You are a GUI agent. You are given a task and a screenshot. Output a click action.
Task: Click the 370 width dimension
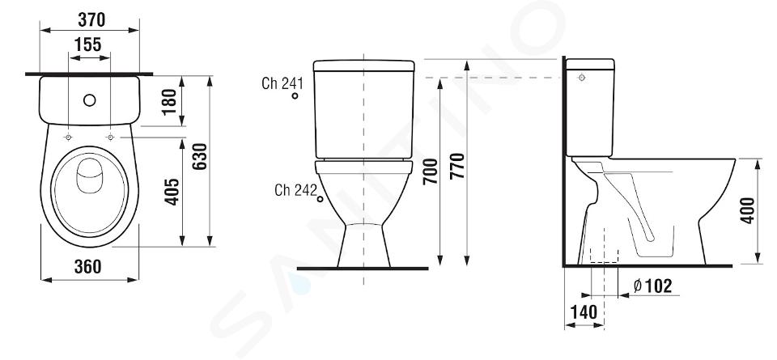tap(91, 19)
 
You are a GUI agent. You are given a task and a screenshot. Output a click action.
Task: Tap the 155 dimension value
tap(88, 44)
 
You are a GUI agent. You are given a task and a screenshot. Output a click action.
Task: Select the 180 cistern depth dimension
tap(169, 101)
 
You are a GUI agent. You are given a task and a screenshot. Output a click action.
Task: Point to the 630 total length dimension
tap(199, 156)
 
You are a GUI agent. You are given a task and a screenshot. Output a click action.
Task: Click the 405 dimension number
tap(172, 192)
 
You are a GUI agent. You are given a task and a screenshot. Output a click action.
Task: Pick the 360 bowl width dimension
tap(87, 266)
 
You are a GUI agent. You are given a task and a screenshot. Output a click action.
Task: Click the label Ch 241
tap(282, 83)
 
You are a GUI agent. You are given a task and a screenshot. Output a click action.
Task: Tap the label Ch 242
tap(295, 189)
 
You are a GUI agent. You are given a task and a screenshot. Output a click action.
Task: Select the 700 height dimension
tap(430, 172)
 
